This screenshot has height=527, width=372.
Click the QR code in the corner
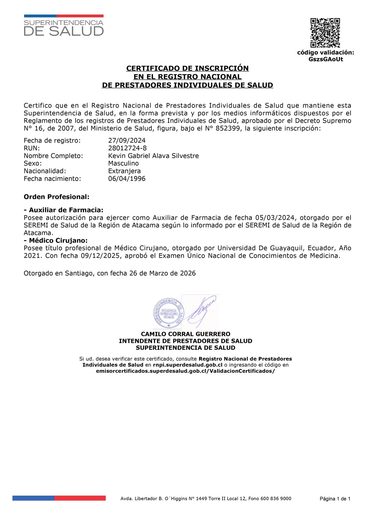tap(325, 33)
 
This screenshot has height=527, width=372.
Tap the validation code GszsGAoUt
tap(325, 59)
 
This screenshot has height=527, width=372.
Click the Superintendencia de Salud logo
tap(64, 26)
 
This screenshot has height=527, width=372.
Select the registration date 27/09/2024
tap(127, 141)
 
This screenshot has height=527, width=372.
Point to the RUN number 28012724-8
tap(127, 148)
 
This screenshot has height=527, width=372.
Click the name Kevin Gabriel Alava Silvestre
tap(153, 156)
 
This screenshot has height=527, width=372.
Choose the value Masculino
tap(124, 164)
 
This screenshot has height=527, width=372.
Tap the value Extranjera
tap(124, 171)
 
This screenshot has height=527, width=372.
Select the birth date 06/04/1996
tap(127, 179)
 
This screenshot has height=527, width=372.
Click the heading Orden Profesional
tap(56, 197)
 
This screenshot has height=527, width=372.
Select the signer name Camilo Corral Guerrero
tap(185, 334)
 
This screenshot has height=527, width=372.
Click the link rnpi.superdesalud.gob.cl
tap(187, 365)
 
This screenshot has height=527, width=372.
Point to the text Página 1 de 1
tap(335, 499)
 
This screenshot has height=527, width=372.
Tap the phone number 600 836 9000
tap(276, 499)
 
